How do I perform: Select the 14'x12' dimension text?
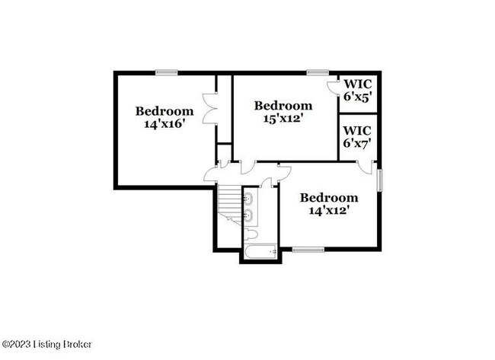[x=329, y=210]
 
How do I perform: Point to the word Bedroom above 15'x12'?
[x=283, y=105]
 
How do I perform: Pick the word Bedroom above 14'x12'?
[x=329, y=197]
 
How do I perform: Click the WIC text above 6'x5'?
[x=357, y=84]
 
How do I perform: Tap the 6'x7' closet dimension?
[x=357, y=142]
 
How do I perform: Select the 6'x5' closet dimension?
[x=357, y=97]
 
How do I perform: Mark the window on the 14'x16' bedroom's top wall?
[x=167, y=72]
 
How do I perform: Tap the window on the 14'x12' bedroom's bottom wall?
[x=308, y=249]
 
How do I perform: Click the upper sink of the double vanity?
[x=249, y=200]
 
